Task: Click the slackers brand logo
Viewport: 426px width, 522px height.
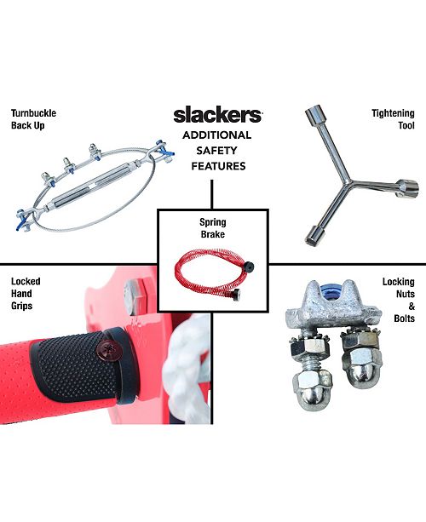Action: point(218,115)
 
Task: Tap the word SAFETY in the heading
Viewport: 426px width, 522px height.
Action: point(216,151)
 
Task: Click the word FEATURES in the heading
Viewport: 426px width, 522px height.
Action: point(218,166)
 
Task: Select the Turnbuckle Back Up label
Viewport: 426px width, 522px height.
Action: point(33,119)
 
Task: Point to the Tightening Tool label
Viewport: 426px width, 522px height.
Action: point(393,119)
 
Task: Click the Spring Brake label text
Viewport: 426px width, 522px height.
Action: point(213,228)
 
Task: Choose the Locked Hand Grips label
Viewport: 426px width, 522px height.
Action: point(26,294)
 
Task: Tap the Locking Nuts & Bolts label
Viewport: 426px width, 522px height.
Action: point(399,300)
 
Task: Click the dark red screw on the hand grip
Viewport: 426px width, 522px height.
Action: point(106,349)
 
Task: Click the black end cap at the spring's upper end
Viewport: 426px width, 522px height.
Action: point(248,267)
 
